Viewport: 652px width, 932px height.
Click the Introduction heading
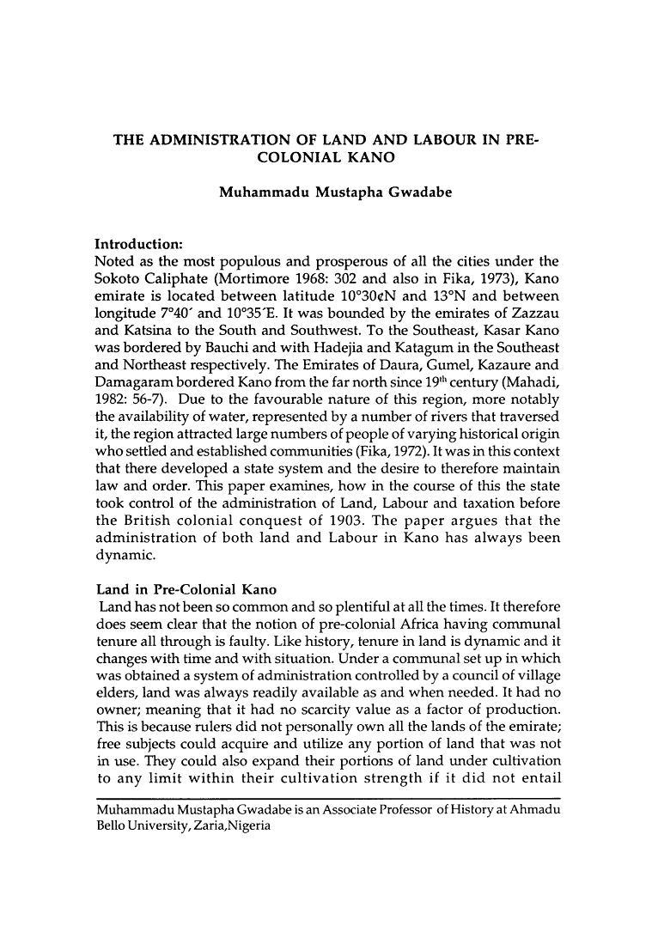coord(146,241)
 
